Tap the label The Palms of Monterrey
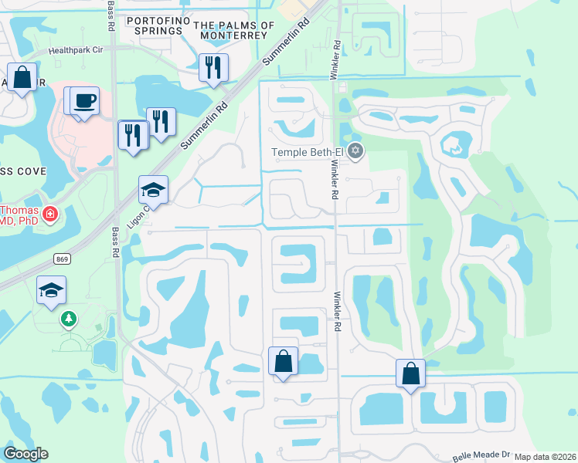click(234, 30)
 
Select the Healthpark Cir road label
click(75, 49)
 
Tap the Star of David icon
click(355, 150)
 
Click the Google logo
click(25, 454)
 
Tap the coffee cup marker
click(86, 100)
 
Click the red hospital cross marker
click(50, 212)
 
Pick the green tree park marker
click(69, 318)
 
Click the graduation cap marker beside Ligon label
click(153, 190)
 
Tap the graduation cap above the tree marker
click(52, 289)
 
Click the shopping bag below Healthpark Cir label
click(22, 77)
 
